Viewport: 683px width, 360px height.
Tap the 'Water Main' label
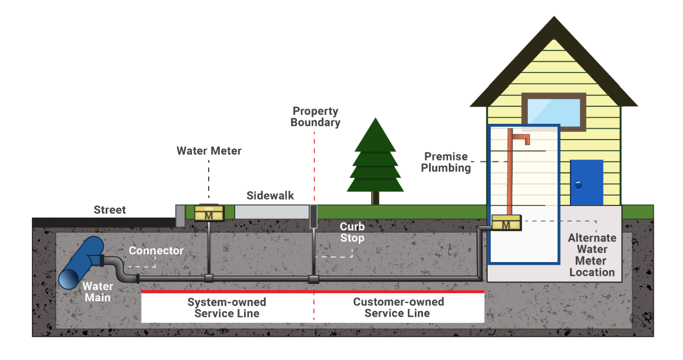(98, 292)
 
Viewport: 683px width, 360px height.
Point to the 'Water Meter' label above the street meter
(209, 150)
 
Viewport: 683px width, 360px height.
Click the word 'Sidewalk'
(270, 196)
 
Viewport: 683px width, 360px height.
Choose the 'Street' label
(110, 210)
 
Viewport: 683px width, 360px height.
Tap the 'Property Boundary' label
(316, 117)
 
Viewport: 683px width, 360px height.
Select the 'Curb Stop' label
(352, 232)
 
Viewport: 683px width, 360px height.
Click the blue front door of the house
(586, 182)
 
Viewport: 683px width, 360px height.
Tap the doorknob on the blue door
(578, 185)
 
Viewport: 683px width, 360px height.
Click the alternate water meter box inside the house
(506, 223)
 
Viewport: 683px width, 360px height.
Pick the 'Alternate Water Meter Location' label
(592, 255)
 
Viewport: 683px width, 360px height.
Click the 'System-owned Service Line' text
(227, 308)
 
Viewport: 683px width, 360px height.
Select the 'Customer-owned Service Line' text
(398, 308)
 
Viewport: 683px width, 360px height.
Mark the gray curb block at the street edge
(180, 216)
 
